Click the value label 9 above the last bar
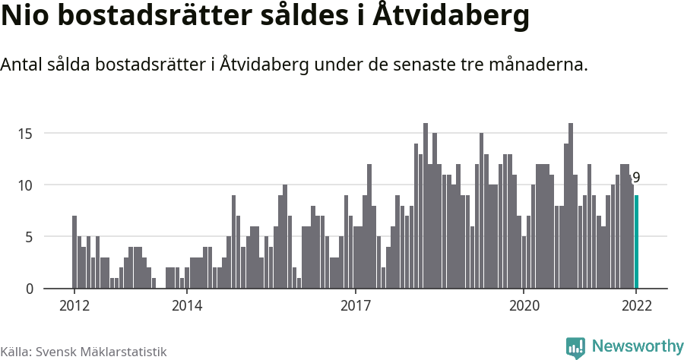pyautogui.click(x=637, y=178)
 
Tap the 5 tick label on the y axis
pyautogui.click(x=29, y=237)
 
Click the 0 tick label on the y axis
pyautogui.click(x=29, y=289)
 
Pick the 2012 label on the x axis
pyautogui.click(x=74, y=306)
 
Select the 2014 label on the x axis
pyautogui.click(x=187, y=306)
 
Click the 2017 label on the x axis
pyautogui.click(x=355, y=306)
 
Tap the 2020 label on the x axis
pyautogui.click(x=524, y=306)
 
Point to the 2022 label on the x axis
pyautogui.click(x=637, y=306)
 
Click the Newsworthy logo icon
pyautogui.click(x=575, y=347)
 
